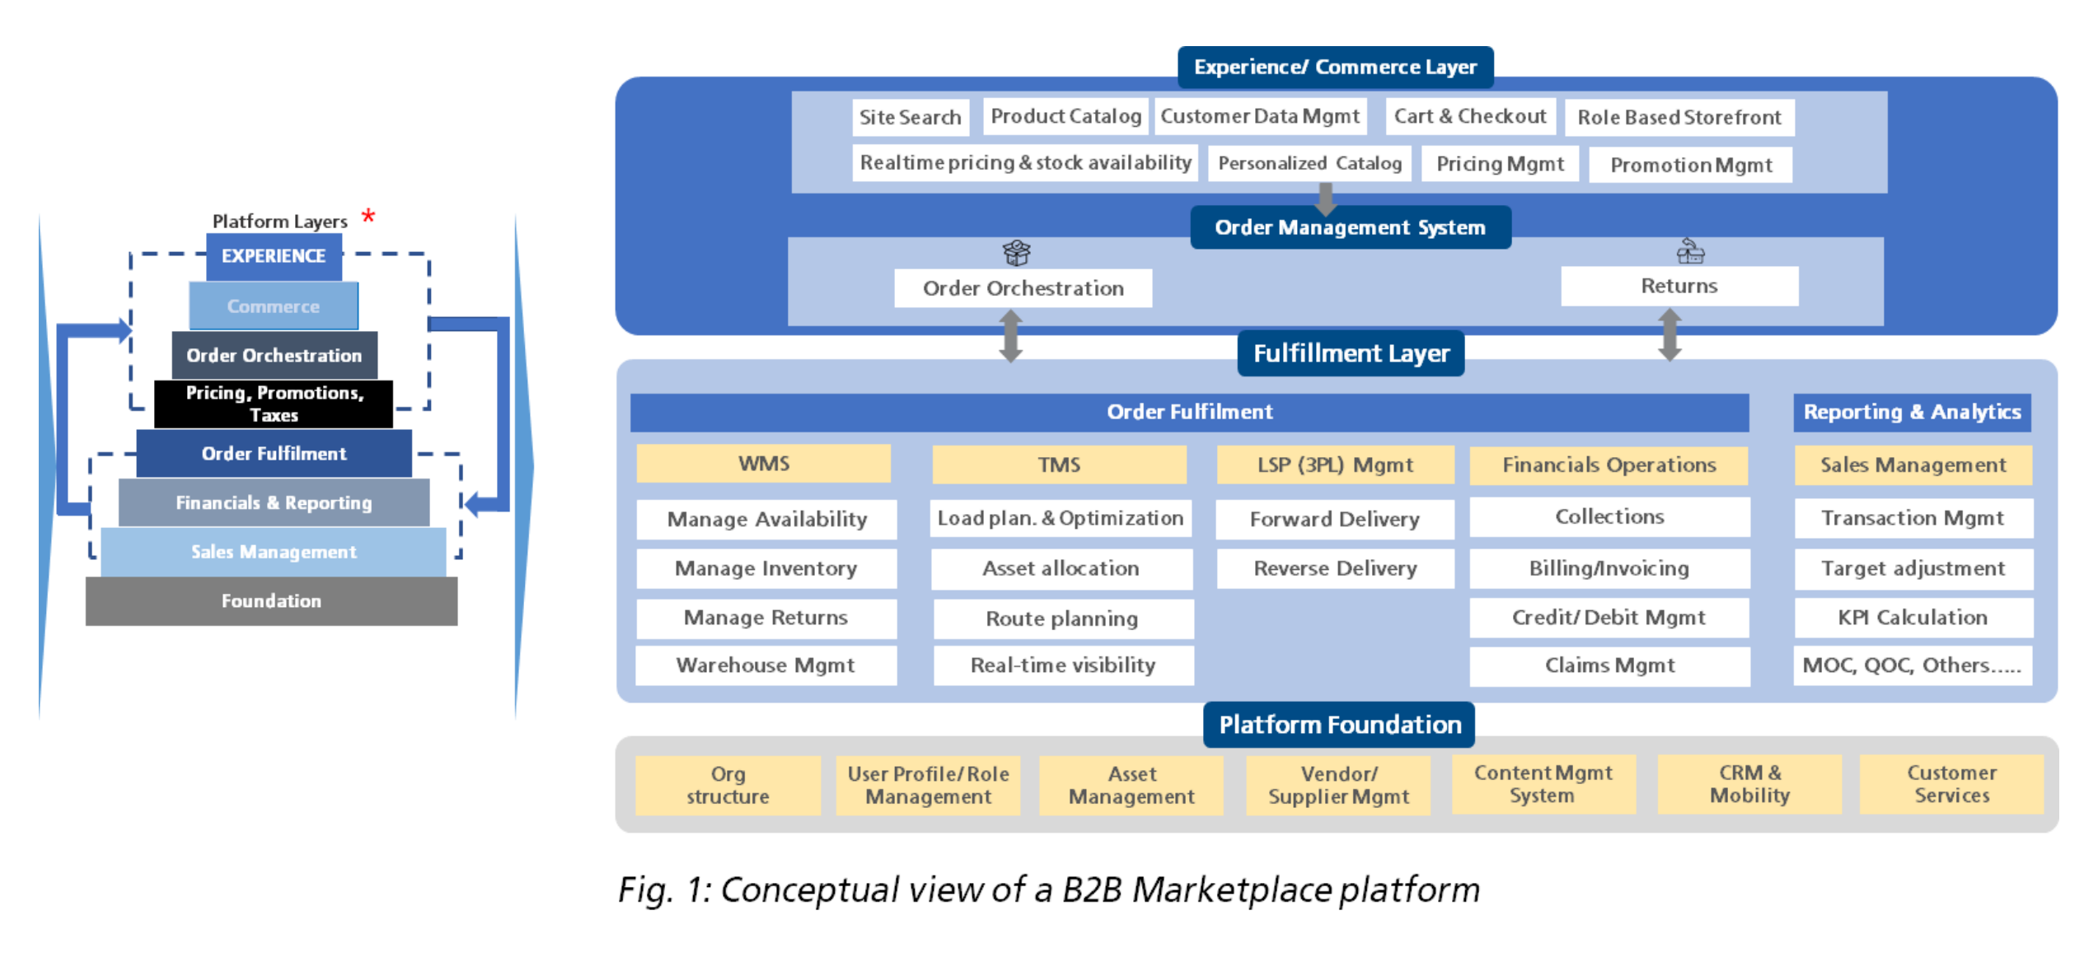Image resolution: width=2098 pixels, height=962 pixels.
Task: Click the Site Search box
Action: tap(910, 117)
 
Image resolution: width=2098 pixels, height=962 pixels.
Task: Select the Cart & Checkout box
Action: tap(1469, 116)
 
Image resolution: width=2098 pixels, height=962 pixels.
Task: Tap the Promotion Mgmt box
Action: tap(1690, 165)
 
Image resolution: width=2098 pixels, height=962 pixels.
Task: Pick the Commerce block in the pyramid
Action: tap(273, 306)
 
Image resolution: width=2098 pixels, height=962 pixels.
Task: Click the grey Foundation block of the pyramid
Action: tap(271, 600)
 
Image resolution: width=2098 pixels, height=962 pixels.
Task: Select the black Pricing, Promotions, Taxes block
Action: tap(274, 404)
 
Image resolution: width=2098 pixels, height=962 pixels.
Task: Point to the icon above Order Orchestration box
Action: tap(1016, 253)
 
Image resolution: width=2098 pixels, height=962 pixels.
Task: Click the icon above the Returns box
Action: tap(1689, 250)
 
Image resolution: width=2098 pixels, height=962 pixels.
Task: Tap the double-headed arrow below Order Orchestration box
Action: tap(1011, 335)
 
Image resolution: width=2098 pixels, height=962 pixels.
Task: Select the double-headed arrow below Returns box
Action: tap(1670, 334)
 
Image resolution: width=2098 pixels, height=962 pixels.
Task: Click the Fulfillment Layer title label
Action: tap(1351, 353)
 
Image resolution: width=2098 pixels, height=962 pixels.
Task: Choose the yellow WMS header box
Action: tap(763, 464)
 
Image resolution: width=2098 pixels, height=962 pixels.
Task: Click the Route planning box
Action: tap(1062, 619)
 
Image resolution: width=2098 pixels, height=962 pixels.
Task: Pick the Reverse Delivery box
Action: tap(1335, 568)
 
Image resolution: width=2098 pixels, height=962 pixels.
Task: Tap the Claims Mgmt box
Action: tap(1609, 665)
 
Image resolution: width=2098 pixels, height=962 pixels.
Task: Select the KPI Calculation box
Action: tap(1913, 618)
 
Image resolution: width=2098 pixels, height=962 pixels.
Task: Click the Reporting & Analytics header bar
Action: tap(1912, 412)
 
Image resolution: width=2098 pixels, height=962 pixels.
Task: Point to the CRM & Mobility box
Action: tap(1749, 784)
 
